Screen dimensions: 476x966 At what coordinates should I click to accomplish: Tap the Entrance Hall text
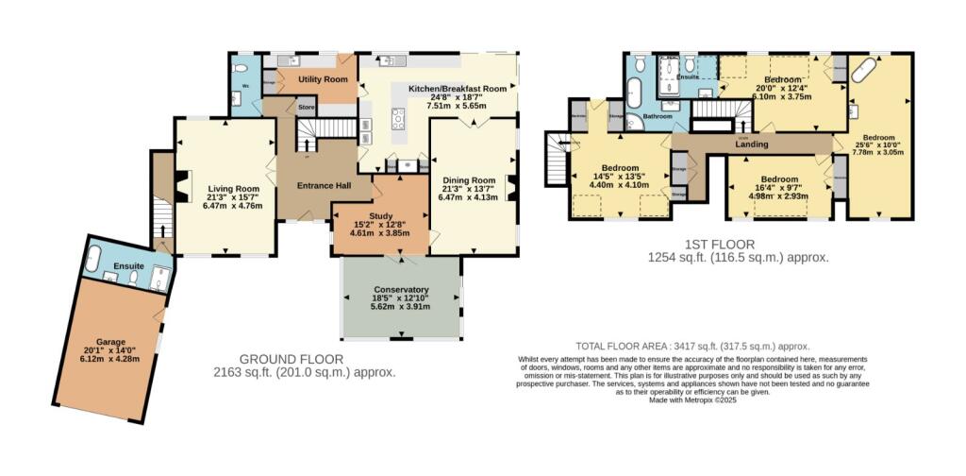pyautogui.click(x=324, y=185)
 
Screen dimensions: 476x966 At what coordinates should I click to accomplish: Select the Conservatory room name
pyautogui.click(x=400, y=289)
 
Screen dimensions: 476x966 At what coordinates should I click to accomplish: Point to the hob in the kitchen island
pyautogui.click(x=398, y=118)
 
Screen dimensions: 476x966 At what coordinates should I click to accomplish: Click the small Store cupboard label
pyautogui.click(x=306, y=109)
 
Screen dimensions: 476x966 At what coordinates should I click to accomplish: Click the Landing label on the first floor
pyautogui.click(x=751, y=144)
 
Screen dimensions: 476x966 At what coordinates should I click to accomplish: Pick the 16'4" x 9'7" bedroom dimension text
pyautogui.click(x=779, y=188)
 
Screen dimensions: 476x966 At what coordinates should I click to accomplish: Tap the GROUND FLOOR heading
pyautogui.click(x=291, y=359)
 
